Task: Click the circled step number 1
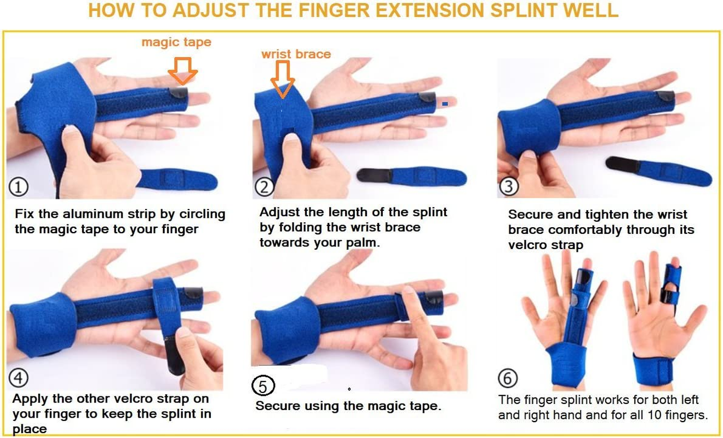pos(19,188)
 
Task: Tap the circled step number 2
pos(265,188)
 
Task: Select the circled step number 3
pos(508,187)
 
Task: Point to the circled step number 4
pos(19,378)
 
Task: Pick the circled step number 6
pos(508,378)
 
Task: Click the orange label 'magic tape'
pos(176,42)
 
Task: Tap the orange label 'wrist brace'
pos(296,54)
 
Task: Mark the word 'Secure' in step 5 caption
pos(278,406)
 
